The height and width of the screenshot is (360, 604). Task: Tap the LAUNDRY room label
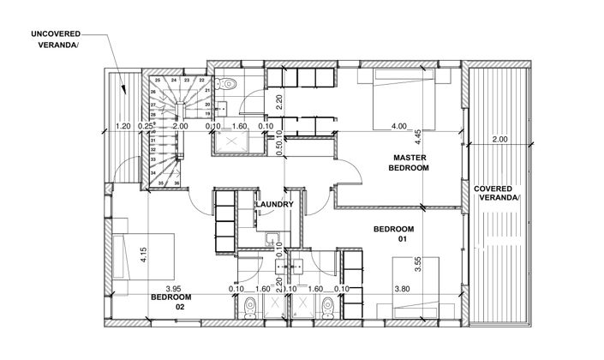pos(274,205)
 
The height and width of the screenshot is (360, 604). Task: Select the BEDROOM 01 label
pos(395,234)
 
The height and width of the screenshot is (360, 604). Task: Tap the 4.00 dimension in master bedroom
pos(399,126)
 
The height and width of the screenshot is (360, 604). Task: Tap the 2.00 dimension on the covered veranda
pos(499,140)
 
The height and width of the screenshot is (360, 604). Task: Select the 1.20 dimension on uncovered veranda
pos(123,126)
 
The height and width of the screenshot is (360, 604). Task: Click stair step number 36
pos(176,183)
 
